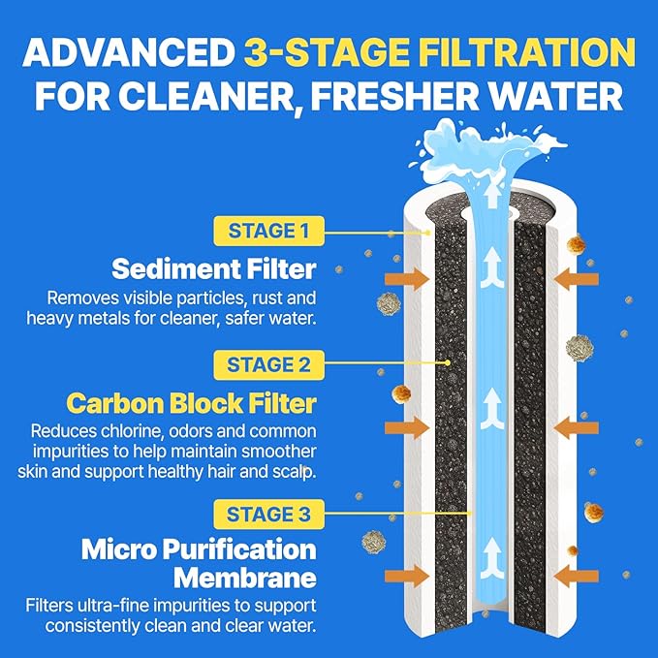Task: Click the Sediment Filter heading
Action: pyautogui.click(x=214, y=267)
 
